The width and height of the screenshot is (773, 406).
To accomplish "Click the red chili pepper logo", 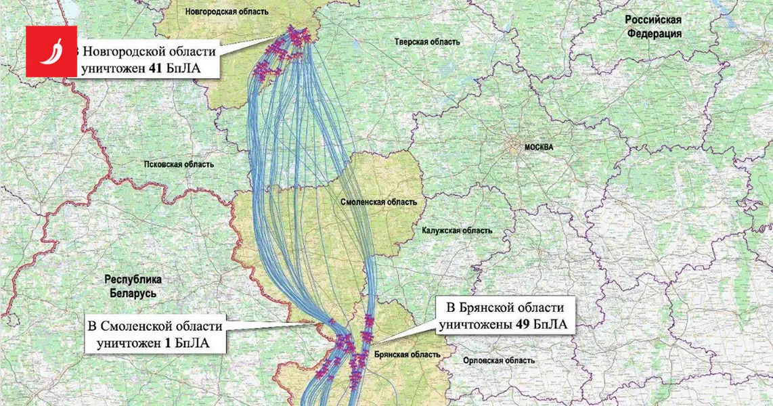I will pyautogui.click(x=51, y=51).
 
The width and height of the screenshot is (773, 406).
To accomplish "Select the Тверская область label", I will pyautogui.click(x=427, y=42).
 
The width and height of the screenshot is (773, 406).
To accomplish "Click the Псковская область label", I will pyautogui.click(x=179, y=164).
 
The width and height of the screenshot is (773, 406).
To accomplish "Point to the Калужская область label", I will pyautogui.click(x=457, y=231).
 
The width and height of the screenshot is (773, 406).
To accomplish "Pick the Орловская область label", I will pyautogui.click(x=499, y=361).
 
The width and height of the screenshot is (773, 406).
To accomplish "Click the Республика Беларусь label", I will pyautogui.click(x=133, y=286).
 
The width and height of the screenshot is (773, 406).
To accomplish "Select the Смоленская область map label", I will pyautogui.click(x=378, y=202).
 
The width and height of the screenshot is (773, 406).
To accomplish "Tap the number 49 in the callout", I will pyautogui.click(x=521, y=325).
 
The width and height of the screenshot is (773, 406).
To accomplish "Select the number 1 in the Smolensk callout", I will pyautogui.click(x=167, y=343).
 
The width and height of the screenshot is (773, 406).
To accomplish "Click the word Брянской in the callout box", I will pyautogui.click(x=489, y=308).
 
